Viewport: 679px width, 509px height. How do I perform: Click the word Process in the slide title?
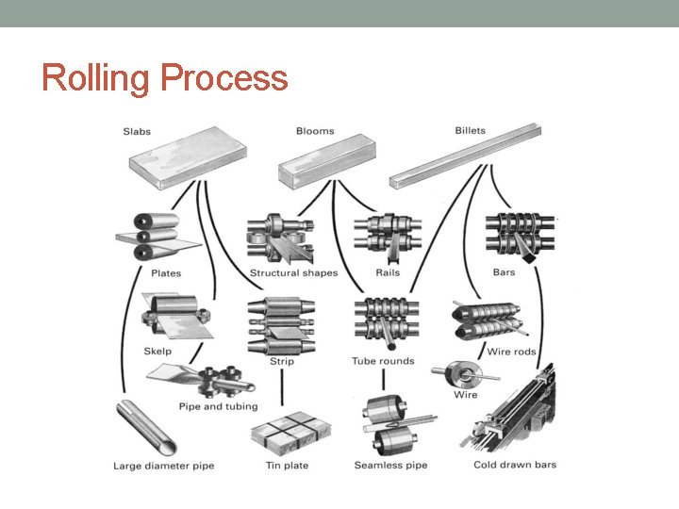(224, 78)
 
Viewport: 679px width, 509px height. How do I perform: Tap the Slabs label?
(137, 131)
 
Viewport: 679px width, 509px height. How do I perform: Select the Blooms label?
(315, 131)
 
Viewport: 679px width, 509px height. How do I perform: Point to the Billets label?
(471, 130)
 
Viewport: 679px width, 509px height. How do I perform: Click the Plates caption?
(166, 273)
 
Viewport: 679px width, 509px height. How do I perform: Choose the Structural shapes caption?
(293, 273)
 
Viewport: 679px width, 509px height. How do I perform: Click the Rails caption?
(388, 273)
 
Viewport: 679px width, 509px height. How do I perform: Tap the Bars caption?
(504, 273)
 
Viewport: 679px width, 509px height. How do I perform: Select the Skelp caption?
(157, 352)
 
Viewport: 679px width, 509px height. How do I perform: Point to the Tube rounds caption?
(383, 361)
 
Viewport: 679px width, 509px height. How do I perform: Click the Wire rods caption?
(511, 352)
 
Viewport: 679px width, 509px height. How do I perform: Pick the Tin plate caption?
(287, 466)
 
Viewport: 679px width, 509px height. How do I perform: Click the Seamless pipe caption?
(390, 466)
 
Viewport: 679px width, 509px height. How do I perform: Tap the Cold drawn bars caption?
(515, 465)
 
